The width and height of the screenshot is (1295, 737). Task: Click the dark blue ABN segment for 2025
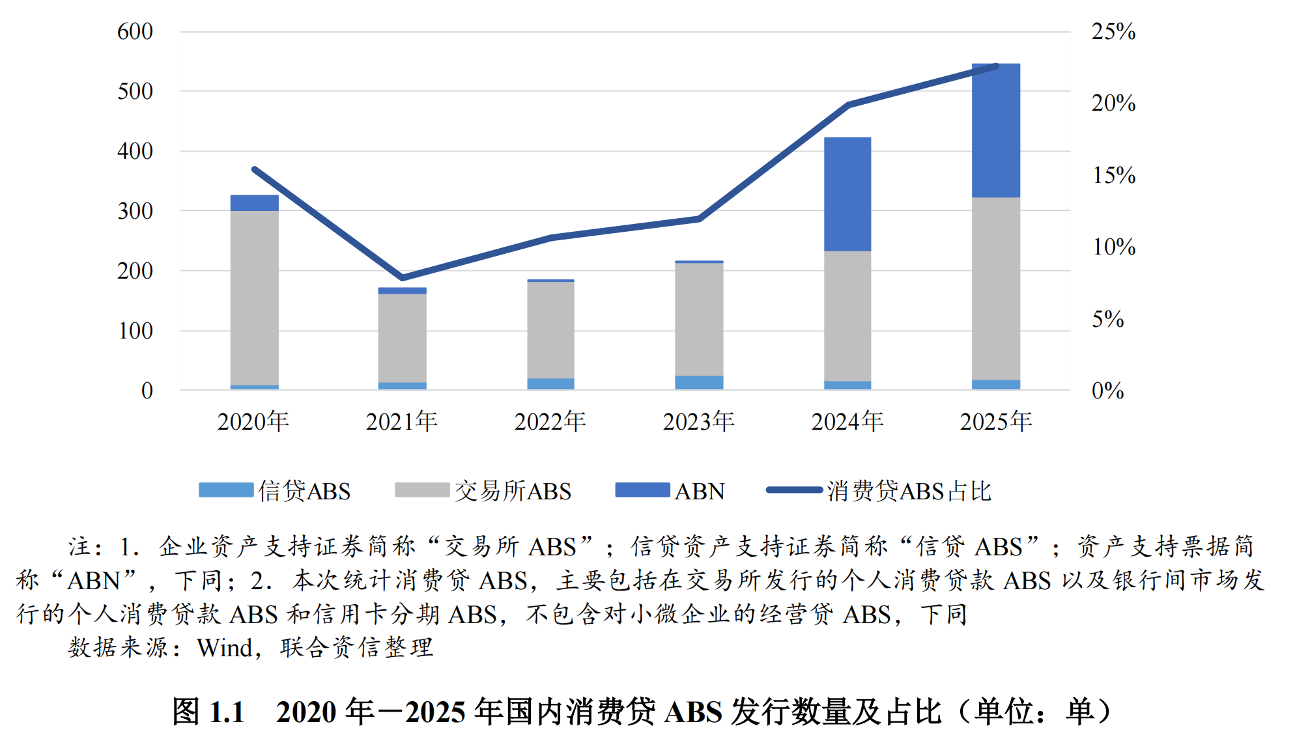coord(995,130)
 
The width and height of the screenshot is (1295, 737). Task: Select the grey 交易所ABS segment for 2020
coord(254,298)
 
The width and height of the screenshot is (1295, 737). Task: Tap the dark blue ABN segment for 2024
coord(847,194)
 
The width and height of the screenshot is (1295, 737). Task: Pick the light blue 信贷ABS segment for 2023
coord(699,382)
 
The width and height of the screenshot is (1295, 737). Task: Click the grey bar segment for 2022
coord(550,329)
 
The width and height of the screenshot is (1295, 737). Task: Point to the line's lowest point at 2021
coord(403,278)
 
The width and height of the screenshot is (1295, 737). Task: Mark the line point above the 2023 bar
coord(699,219)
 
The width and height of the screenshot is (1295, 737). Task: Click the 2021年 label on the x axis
coord(401,422)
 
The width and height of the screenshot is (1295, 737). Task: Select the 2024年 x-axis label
coord(847,422)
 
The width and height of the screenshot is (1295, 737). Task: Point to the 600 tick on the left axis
coord(135,31)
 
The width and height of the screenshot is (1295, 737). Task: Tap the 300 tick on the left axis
coord(135,211)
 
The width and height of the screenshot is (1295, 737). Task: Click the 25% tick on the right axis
coord(1113,31)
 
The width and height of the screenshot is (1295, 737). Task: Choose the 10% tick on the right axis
coord(1113,247)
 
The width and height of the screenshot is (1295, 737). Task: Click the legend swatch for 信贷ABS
coord(226,490)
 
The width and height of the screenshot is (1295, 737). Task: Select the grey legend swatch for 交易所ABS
coord(422,490)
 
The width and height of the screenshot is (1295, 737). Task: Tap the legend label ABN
coord(700,491)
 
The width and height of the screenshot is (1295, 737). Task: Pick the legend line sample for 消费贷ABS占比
coord(794,490)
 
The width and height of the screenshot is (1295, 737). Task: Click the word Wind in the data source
coord(224,648)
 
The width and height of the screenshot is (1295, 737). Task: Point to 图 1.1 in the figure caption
coord(208,712)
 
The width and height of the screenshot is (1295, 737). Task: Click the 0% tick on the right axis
coord(1107,391)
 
